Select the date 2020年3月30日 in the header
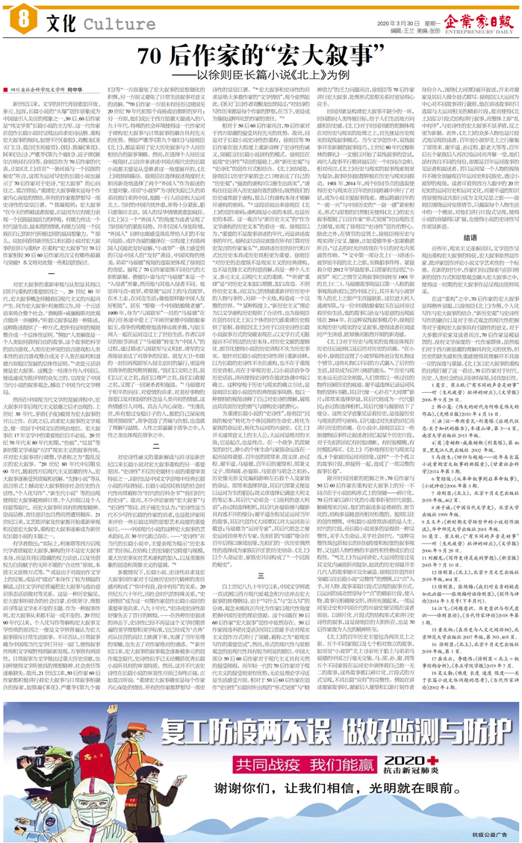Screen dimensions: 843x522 [398, 23]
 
